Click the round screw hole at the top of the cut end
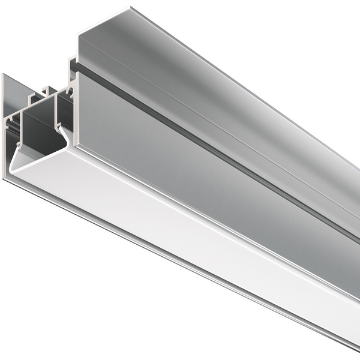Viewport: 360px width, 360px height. coord(70,92)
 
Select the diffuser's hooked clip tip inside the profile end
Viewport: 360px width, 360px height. coord(58,127)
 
